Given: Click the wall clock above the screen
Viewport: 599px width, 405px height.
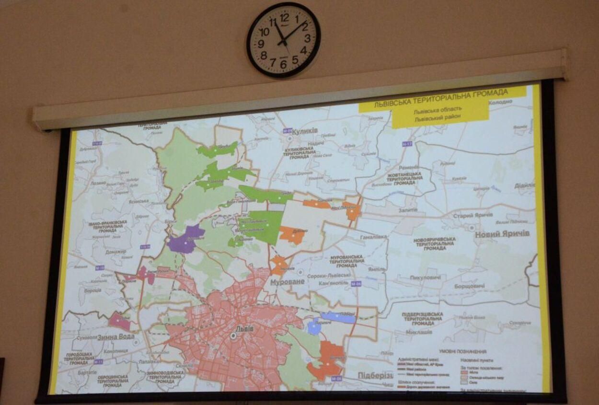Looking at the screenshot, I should tap(284, 40).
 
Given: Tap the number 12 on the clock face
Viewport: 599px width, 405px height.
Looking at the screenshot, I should tap(285, 18).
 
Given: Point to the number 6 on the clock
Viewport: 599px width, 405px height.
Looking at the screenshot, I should tap(283, 63).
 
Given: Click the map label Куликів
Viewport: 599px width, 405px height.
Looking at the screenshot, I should tap(304, 130).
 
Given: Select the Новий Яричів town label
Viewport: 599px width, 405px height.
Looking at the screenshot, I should tap(502, 234).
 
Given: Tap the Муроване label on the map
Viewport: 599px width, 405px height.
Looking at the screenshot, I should tap(288, 282).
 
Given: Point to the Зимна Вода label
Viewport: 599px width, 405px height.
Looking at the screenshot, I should tap(116, 337).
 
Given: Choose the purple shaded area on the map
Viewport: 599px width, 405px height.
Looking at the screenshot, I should tap(185, 239).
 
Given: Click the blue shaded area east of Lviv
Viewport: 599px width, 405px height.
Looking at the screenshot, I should tap(337, 317).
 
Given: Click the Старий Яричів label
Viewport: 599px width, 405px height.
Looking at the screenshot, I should tap(472, 216).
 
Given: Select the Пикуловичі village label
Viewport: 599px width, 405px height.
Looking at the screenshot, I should tap(425, 278).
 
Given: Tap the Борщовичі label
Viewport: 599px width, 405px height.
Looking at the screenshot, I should tap(468, 286).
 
